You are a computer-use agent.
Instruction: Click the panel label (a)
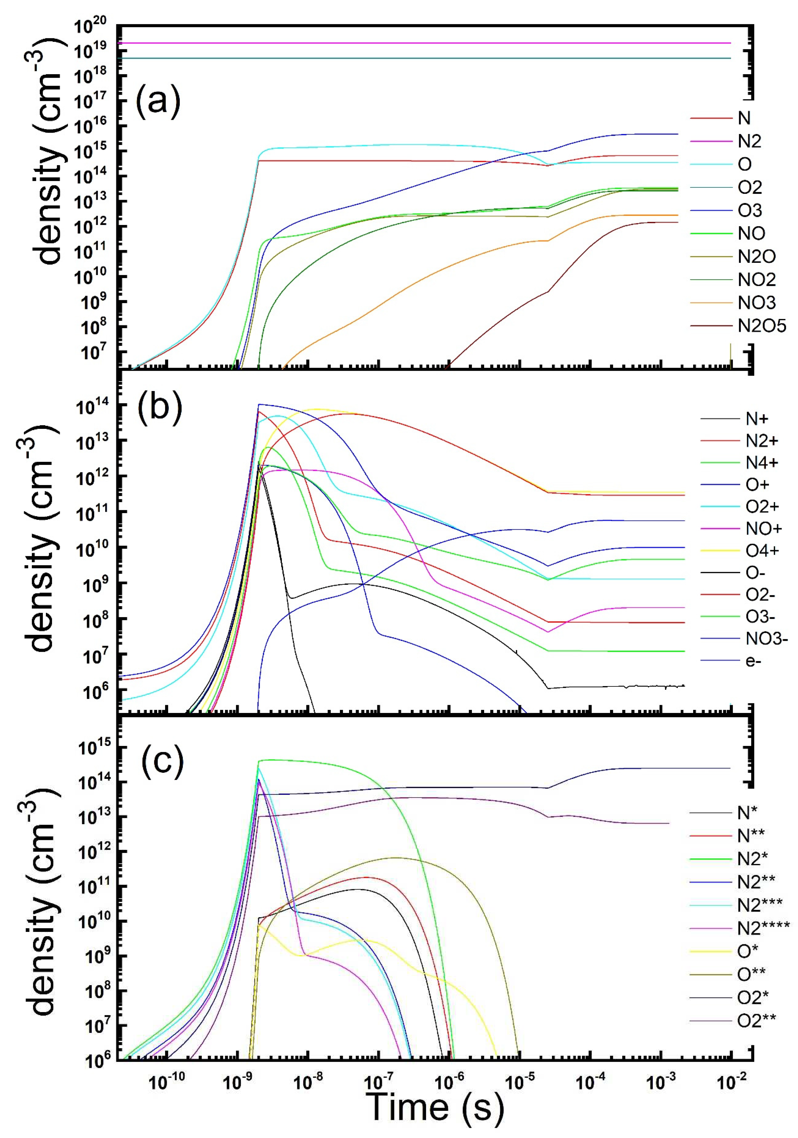pos(158,101)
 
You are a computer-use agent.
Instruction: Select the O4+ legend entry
pos(762,551)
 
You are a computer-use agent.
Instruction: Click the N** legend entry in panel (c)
pos(751,836)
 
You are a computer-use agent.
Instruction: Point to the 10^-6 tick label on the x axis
pos(449,1082)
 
